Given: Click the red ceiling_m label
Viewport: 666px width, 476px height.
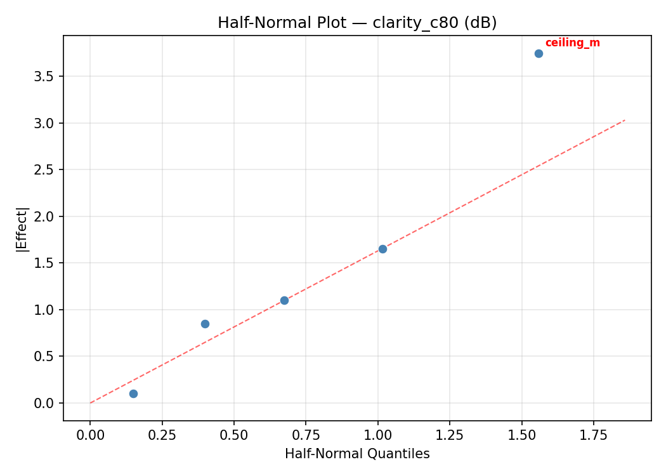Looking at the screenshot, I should tap(572, 43).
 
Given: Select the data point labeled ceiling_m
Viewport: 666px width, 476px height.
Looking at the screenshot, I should tap(539, 53).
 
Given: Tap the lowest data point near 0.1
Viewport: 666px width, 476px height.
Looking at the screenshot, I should tap(133, 393).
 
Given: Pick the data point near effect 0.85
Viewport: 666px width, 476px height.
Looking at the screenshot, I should tap(205, 324).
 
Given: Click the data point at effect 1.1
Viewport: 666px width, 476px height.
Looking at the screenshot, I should tap(284, 300).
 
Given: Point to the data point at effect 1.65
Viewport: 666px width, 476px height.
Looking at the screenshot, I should tap(382, 249).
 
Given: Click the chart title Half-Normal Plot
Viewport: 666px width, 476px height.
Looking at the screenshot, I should tap(357, 23).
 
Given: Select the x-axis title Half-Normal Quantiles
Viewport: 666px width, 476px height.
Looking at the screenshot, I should tap(357, 454).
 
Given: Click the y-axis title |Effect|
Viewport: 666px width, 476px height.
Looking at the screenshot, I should tap(22, 229).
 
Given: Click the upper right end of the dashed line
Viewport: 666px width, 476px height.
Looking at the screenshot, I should tap(624, 120).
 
